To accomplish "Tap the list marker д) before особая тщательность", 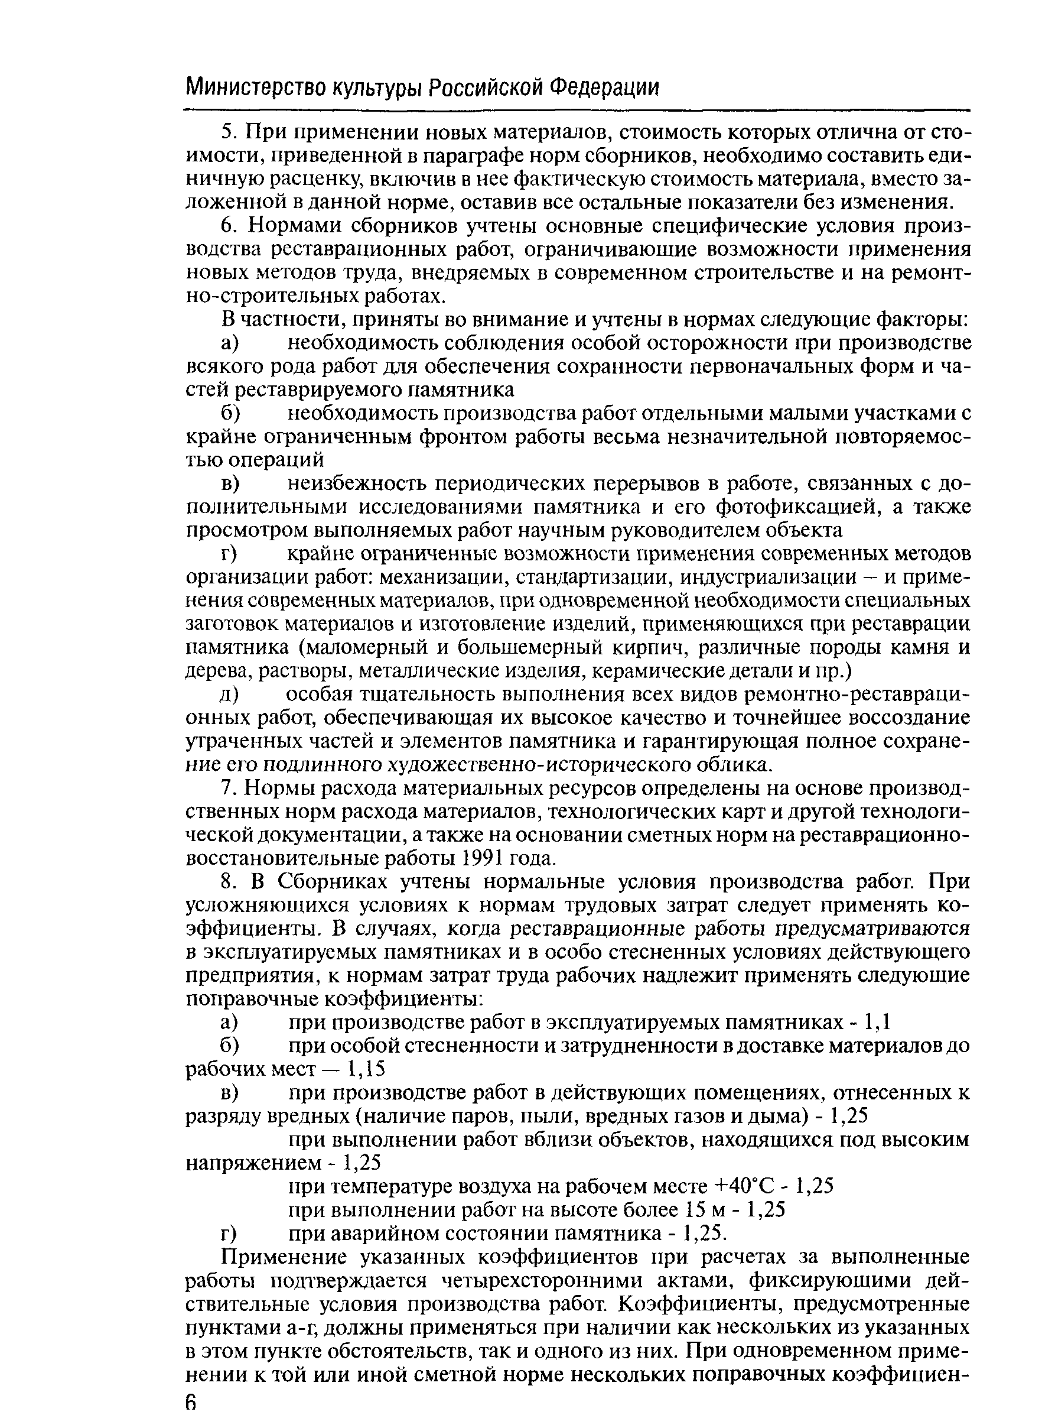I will [229, 695].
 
